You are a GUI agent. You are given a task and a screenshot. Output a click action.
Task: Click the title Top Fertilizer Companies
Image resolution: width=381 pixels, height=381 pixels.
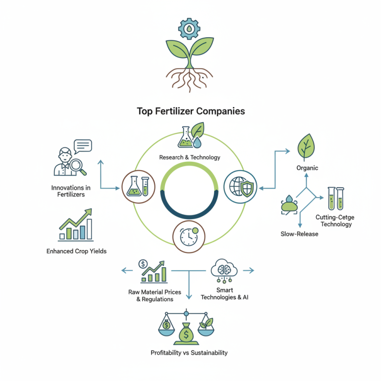click(x=190, y=111)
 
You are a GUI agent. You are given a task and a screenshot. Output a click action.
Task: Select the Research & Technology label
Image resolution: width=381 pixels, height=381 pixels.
click(x=190, y=157)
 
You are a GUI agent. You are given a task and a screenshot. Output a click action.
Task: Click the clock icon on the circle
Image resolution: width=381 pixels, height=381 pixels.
click(x=190, y=235)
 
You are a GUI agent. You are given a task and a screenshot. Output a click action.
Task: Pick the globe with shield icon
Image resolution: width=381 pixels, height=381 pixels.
click(x=240, y=186)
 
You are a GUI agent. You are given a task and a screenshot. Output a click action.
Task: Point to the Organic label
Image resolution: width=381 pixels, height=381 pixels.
click(x=307, y=168)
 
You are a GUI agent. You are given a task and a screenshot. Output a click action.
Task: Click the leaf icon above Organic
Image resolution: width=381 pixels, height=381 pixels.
click(x=307, y=146)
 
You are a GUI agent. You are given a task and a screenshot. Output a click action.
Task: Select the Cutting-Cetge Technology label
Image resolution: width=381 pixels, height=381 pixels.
click(x=335, y=221)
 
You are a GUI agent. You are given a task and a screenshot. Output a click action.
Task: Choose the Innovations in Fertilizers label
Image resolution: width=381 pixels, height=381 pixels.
click(x=71, y=191)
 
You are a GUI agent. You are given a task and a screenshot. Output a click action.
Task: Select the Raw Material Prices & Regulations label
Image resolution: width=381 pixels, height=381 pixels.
click(x=151, y=295)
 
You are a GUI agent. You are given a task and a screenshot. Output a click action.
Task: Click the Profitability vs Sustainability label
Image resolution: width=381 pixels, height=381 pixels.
click(x=189, y=353)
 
